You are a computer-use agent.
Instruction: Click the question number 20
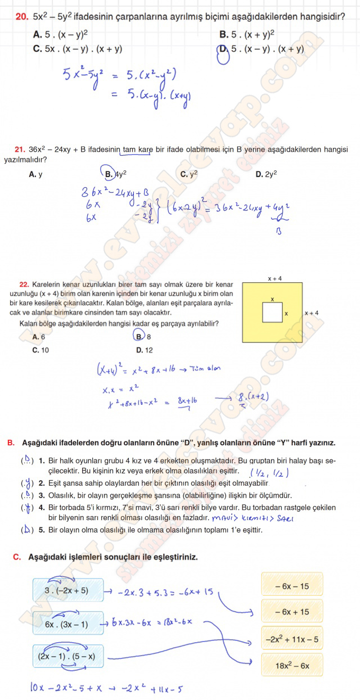coord(22,17)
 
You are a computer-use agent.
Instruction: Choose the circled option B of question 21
coord(109,174)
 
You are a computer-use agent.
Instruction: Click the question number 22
coord(24,285)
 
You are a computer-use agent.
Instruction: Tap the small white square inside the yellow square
coord(272,313)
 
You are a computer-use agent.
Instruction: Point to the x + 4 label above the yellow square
coord(274,278)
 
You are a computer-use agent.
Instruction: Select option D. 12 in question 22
coord(144,350)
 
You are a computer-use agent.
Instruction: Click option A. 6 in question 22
coord(38,337)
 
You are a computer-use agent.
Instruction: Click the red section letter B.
coord(11,443)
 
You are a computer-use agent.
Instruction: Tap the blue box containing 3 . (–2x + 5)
coord(68,590)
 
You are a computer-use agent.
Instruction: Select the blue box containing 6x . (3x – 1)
coord(68,624)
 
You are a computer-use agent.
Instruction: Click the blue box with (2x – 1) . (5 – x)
coord(68,656)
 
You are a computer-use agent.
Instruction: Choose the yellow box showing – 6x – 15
coord(292,585)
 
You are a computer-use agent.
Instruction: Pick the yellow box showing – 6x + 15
coord(292,611)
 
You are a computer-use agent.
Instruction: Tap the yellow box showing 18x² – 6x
coord(292,665)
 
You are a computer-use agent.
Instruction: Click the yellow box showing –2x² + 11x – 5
coord(292,639)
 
